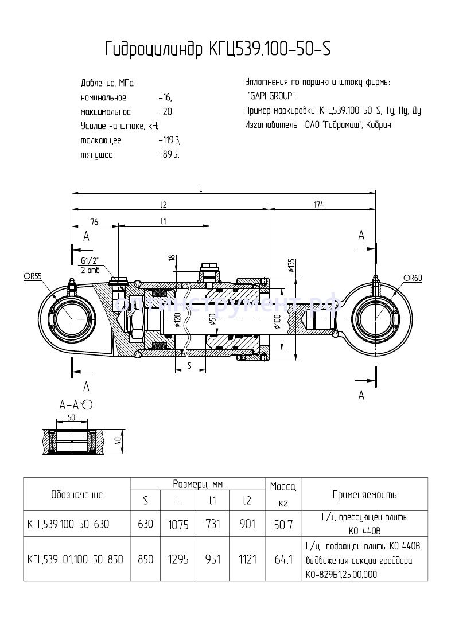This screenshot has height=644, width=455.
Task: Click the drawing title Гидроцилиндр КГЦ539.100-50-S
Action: tap(217, 50)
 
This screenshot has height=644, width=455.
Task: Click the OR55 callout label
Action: tap(33, 276)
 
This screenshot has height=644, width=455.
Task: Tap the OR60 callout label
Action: tap(412, 278)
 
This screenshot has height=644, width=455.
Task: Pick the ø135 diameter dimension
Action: tap(291, 265)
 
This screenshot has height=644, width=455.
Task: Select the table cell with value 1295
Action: tap(178, 559)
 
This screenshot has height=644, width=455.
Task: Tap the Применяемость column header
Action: tap(364, 494)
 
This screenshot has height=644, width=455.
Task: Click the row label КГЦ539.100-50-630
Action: tap(68, 524)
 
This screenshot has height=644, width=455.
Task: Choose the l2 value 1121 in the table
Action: tap(247, 559)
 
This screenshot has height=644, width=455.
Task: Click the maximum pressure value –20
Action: tap(166, 112)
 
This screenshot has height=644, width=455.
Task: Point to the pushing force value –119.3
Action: tap(169, 140)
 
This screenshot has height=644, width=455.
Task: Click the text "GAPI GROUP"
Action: tap(271, 96)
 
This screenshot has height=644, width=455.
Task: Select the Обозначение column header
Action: tap(77, 494)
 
